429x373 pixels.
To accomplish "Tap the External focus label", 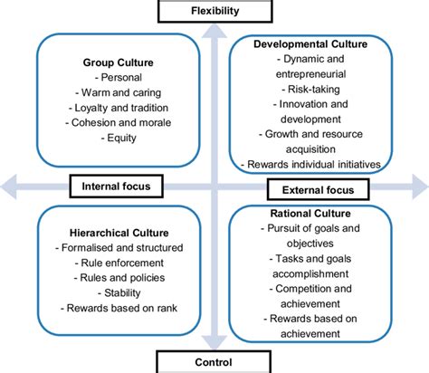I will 316,191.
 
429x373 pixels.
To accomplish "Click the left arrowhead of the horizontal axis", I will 7,187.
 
